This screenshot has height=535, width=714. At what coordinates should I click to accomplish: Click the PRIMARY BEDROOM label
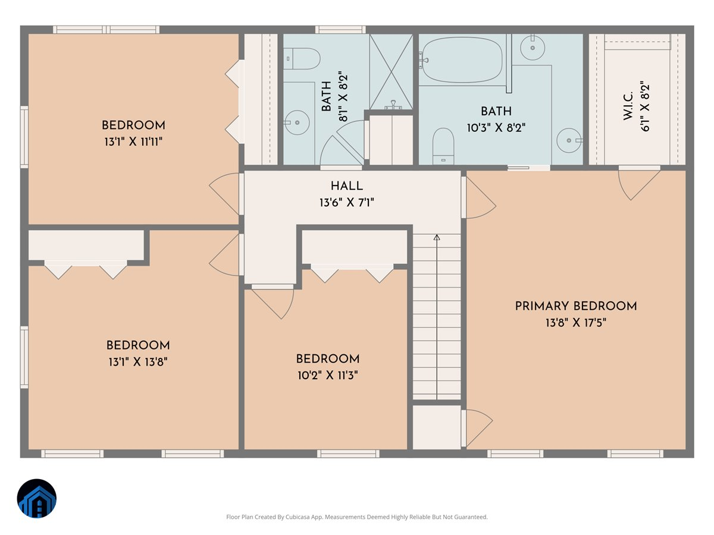point(575,306)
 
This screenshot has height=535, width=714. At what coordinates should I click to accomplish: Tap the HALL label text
point(346,187)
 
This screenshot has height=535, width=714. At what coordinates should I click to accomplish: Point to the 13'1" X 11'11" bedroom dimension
point(133,141)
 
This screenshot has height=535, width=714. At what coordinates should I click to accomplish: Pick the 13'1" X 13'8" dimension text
point(137,361)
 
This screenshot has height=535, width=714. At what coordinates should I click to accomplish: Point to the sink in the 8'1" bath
point(296,123)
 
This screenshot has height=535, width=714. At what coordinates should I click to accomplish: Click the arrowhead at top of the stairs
point(437,238)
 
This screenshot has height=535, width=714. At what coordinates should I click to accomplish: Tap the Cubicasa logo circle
point(36,499)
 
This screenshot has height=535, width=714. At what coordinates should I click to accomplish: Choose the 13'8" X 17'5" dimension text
point(575,323)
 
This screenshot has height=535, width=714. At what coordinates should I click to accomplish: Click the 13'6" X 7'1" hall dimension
point(346,203)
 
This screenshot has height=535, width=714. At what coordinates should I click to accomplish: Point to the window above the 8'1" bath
point(340,29)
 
